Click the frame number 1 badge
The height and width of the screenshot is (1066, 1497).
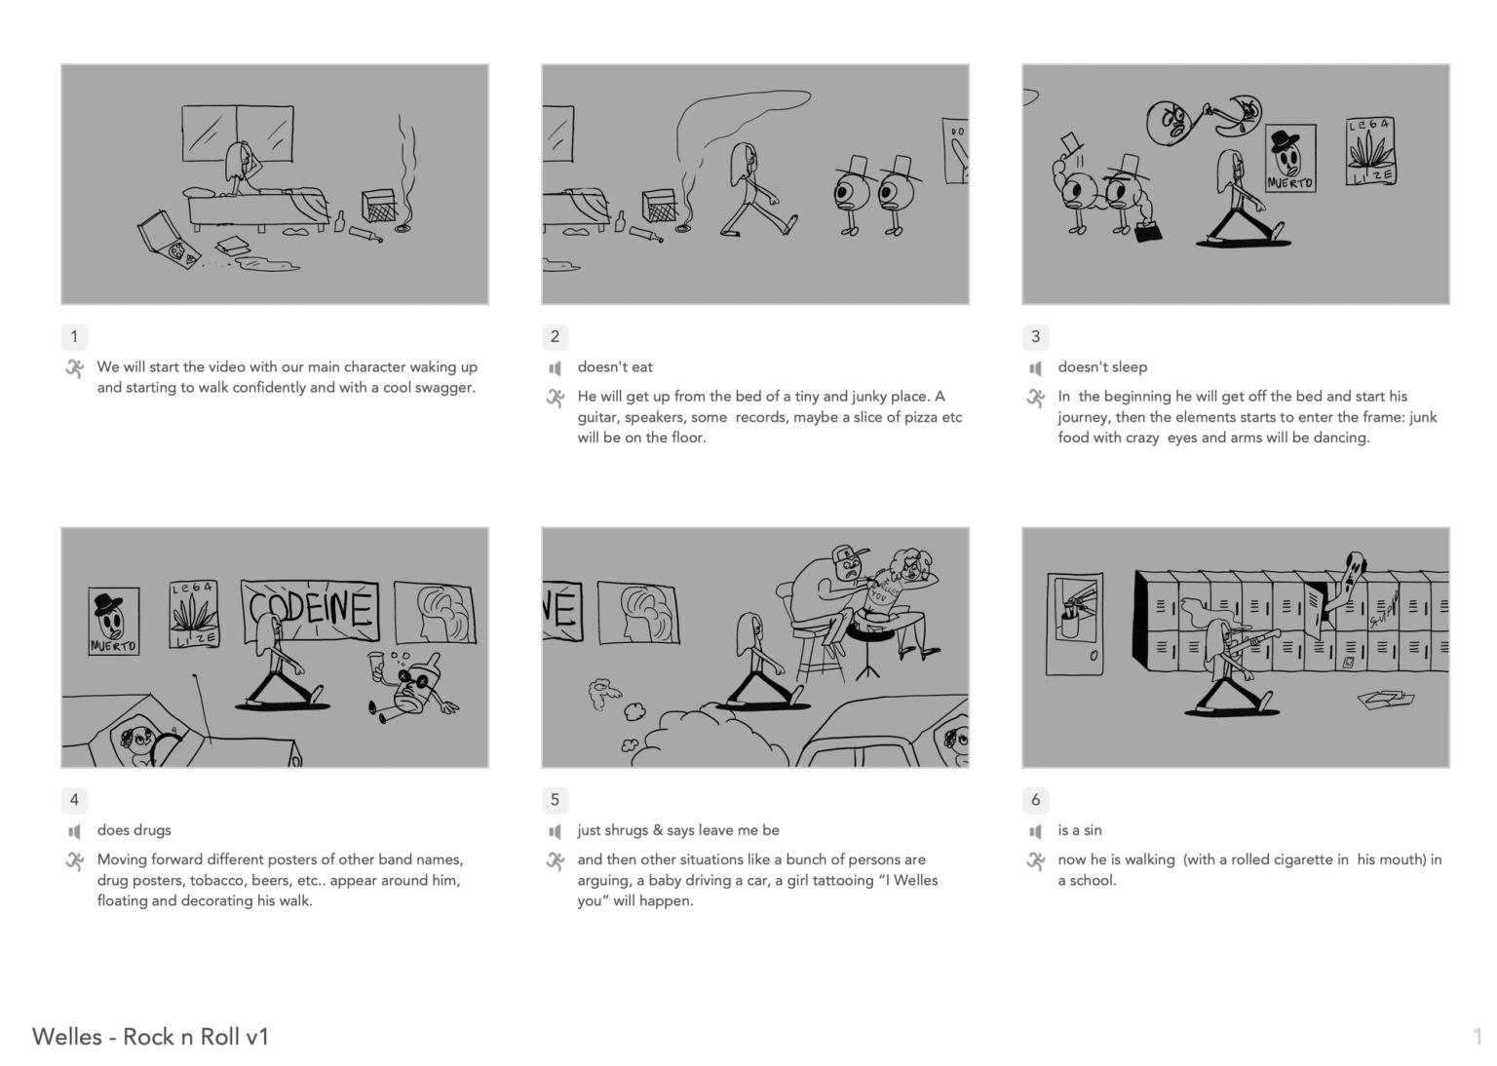coord(74,337)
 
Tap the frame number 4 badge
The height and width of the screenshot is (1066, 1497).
coord(74,800)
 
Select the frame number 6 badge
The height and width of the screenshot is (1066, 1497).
coord(1035,800)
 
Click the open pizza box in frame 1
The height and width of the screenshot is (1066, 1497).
coord(167,240)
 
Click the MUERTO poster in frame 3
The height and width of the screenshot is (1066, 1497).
coord(1290,159)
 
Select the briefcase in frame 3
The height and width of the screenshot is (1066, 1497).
coord(1148,231)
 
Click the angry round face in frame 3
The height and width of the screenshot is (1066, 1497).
coord(1169,123)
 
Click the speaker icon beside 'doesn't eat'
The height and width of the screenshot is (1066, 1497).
coord(555,367)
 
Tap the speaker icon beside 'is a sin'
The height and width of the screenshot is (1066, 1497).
coord(1035,831)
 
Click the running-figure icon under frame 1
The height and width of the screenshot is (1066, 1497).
coord(75,369)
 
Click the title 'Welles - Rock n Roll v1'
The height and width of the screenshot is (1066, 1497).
coord(150,1037)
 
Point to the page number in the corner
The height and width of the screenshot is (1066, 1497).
coord(1478,1037)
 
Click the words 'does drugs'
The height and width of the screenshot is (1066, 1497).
coord(134,830)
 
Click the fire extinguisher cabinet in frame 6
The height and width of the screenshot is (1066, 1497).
coord(1075,624)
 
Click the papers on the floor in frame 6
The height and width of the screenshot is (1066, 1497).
coord(1385,699)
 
